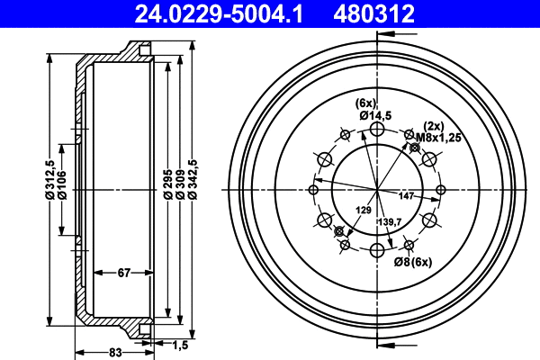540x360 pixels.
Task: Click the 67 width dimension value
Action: pyautogui.click(x=124, y=272)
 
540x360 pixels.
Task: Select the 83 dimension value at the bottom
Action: pyautogui.click(x=114, y=352)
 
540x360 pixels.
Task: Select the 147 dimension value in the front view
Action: pyautogui.click(x=406, y=195)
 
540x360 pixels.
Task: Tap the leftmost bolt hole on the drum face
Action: pyautogui.click(x=313, y=189)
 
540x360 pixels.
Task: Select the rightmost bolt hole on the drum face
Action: pyautogui.click(x=440, y=189)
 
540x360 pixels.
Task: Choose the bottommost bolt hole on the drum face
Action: pyautogui.click(x=377, y=249)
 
